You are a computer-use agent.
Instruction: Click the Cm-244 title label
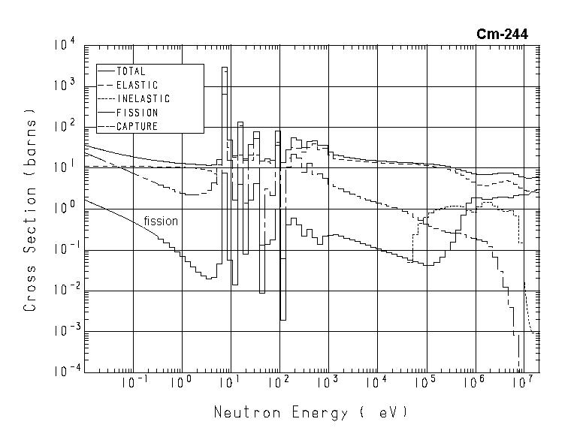coord(502,35)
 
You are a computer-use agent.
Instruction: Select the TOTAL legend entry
coord(131,71)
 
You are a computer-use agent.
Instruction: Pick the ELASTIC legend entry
coord(137,86)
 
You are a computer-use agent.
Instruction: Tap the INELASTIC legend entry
coord(143,99)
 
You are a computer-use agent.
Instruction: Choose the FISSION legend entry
coord(137,113)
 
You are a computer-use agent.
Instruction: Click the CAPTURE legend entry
coord(137,126)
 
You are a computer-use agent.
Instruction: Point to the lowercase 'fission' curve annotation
coord(161,221)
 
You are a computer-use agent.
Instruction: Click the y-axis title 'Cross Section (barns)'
coord(30,210)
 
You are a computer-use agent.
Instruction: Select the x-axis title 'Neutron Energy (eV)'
coord(310,413)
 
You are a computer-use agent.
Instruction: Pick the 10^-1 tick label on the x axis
coord(132,383)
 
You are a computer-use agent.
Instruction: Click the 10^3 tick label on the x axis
coord(328,383)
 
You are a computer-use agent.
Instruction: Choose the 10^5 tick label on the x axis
coord(425,383)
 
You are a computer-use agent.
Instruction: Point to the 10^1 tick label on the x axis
coord(230,383)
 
